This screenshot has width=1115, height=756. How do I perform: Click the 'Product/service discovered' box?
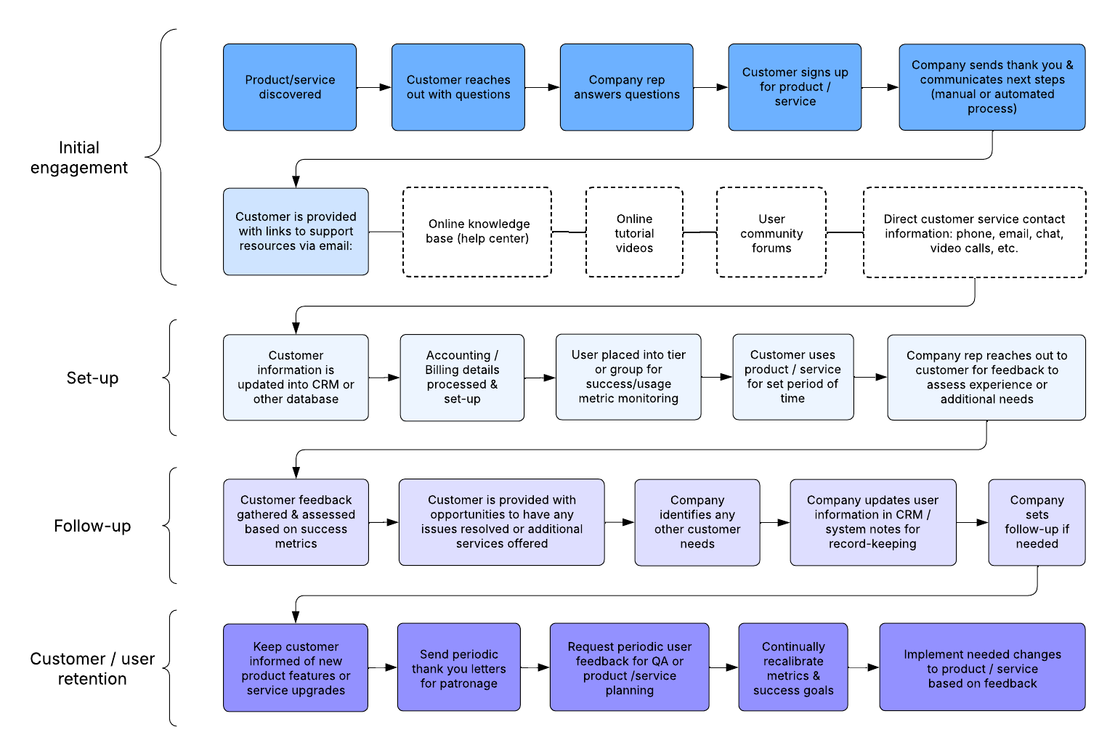pyautogui.click(x=289, y=87)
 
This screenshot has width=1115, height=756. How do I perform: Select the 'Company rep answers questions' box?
pyautogui.click(x=626, y=87)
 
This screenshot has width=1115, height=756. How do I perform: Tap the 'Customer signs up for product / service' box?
pyautogui.click(x=795, y=87)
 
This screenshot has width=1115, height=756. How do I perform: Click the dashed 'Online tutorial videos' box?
pyautogui.click(x=634, y=232)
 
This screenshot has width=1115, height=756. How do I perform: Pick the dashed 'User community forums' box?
pyautogui.click(x=771, y=232)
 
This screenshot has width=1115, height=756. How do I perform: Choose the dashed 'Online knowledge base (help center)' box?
pyautogui.click(x=477, y=232)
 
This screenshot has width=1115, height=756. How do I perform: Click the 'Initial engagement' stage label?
pyautogui.click(x=78, y=158)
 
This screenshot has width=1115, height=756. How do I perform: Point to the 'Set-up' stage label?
pyautogui.click(x=92, y=378)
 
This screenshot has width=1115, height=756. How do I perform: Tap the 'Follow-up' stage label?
pyautogui.click(x=92, y=526)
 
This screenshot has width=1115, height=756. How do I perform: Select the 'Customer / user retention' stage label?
pyautogui.click(x=92, y=668)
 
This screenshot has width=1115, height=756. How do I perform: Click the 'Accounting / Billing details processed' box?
pyautogui.click(x=462, y=378)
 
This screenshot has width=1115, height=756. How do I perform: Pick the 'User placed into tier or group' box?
pyautogui.click(x=628, y=377)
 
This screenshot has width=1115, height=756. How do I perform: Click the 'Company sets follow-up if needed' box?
pyautogui.click(x=1037, y=522)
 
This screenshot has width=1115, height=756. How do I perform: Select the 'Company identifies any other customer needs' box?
pyautogui.click(x=697, y=522)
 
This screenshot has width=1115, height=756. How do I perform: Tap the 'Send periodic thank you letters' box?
pyautogui.click(x=458, y=667)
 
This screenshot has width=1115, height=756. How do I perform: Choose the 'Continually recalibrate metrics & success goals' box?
pyautogui.click(x=792, y=667)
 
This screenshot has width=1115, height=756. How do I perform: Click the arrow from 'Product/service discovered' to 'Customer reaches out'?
pyautogui.click(x=373, y=87)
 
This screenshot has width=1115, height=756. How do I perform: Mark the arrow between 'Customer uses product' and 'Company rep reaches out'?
pyautogui.click(x=870, y=377)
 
